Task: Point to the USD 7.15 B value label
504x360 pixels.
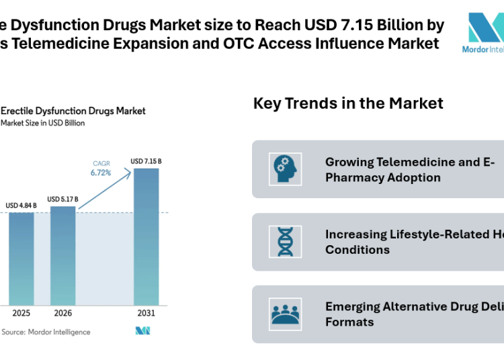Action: click(146, 161)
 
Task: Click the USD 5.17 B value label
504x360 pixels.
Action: click(62, 199)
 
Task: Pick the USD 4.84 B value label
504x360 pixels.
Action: click(22, 205)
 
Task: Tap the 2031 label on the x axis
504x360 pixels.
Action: click(146, 314)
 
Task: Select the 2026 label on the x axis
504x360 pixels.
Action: click(63, 314)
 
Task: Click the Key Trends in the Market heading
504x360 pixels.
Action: click(348, 103)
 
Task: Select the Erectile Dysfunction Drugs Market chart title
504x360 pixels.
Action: click(73, 111)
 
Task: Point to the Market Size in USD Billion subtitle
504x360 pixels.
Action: click(43, 123)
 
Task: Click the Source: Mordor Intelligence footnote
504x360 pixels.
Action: click(46, 332)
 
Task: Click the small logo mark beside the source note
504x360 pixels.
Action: click(142, 330)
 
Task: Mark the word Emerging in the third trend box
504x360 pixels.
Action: click(352, 307)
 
